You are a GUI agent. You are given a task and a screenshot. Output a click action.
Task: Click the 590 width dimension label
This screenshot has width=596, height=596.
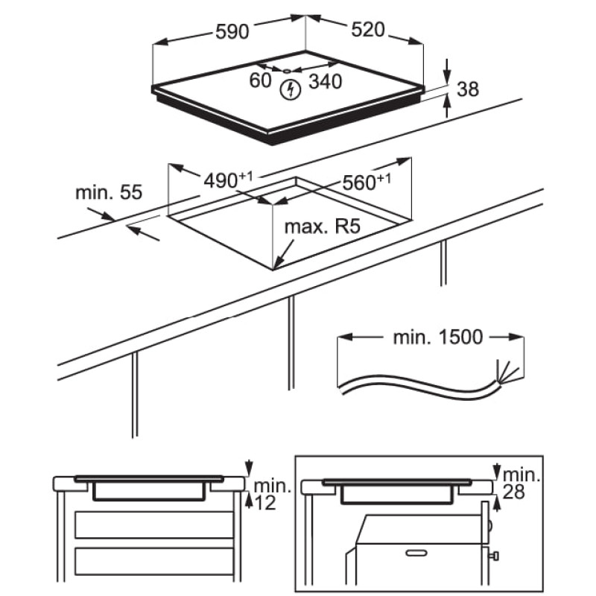pyautogui.click(x=232, y=32)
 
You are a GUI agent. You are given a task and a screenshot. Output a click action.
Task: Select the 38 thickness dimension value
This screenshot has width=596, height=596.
pyautogui.click(x=466, y=89)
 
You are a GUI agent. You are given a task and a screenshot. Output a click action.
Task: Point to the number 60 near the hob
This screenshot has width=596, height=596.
pyautogui.click(x=260, y=80)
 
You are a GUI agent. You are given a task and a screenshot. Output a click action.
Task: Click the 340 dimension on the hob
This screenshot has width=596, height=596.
pyautogui.click(x=325, y=80)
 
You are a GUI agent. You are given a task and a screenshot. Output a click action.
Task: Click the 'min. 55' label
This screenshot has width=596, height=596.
pyautogui.click(x=108, y=192)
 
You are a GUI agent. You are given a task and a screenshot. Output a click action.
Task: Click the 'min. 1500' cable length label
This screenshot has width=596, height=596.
pyautogui.click(x=437, y=337)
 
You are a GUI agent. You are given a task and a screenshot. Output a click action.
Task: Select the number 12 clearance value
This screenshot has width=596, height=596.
pyautogui.click(x=264, y=504)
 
